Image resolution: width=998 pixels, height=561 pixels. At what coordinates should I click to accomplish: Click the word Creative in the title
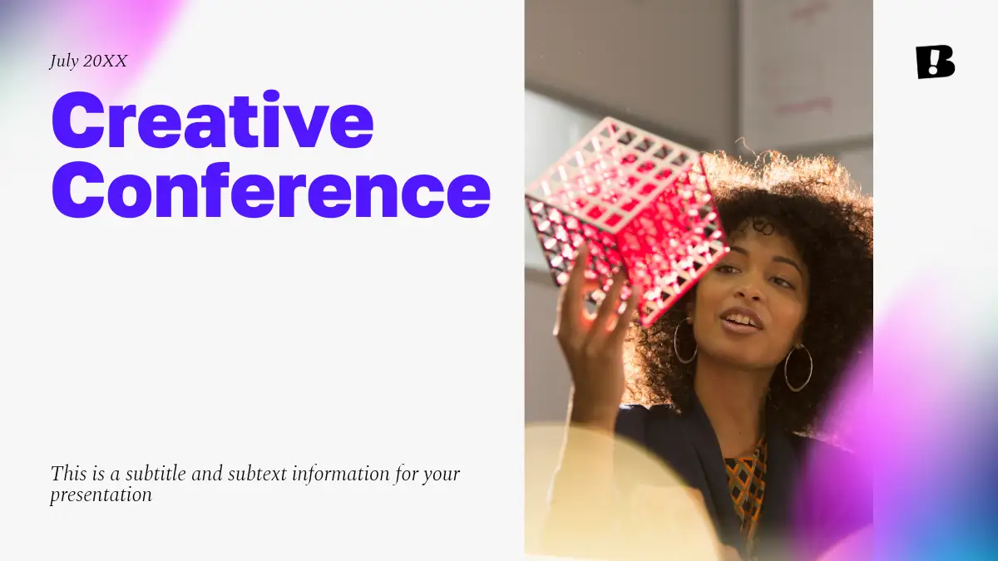(x=213, y=120)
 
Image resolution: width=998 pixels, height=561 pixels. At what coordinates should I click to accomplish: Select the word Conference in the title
(x=271, y=189)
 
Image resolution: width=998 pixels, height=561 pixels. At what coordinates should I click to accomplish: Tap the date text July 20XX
(x=88, y=62)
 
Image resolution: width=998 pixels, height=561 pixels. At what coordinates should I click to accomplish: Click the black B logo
(x=935, y=62)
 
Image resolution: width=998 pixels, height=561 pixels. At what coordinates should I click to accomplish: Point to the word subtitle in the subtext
(x=156, y=474)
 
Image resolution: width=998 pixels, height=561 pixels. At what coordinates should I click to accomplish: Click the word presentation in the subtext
(x=101, y=495)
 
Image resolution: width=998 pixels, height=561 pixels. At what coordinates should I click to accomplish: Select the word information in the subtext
(x=341, y=474)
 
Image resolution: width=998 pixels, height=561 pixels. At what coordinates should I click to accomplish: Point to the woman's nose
(x=752, y=288)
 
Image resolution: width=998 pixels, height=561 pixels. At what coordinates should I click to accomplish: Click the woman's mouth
(x=740, y=322)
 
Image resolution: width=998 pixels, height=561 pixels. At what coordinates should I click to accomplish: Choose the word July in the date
(x=64, y=62)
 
